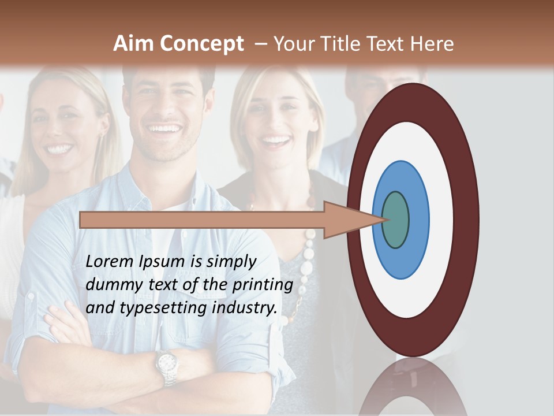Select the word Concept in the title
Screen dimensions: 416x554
pos(201,44)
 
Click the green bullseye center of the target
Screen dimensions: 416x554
pos(395,220)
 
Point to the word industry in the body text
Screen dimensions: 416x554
pos(245,308)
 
